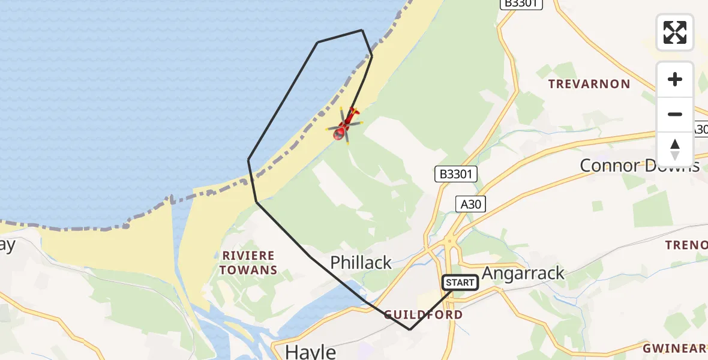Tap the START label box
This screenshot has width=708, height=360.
click(x=460, y=282)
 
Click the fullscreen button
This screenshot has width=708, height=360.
click(x=674, y=32)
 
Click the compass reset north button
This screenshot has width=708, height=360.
click(x=674, y=149)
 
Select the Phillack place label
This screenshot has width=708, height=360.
click(x=361, y=262)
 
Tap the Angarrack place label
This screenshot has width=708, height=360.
click(x=523, y=273)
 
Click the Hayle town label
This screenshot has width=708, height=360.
click(x=310, y=350)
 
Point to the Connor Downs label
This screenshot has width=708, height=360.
click(x=640, y=165)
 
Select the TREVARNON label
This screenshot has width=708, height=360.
click(x=589, y=84)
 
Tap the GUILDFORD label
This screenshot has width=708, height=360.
click(x=423, y=314)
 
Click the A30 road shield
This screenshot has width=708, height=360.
click(x=470, y=204)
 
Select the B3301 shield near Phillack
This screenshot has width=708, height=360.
click(x=457, y=175)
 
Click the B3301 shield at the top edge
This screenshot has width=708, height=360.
click(x=521, y=4)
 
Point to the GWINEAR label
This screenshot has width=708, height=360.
click(x=674, y=348)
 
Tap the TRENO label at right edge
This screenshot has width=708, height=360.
click(x=686, y=245)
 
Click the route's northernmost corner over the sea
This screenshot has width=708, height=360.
click(x=362, y=30)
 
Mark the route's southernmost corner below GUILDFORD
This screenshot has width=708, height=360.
click(x=410, y=329)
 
